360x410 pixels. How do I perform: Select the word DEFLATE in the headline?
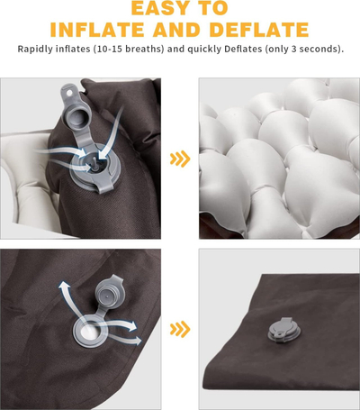(259, 29)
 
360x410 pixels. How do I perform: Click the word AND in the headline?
(177, 29)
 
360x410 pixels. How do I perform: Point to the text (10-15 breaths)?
(129, 49)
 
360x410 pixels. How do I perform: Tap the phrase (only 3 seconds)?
(304, 49)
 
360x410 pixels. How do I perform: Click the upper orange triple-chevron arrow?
(180, 159)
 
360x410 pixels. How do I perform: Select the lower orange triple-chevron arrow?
(180, 329)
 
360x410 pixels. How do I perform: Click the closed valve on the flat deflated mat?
(284, 330)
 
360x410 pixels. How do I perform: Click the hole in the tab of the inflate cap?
(69, 93)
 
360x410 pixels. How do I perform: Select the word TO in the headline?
(214, 8)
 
